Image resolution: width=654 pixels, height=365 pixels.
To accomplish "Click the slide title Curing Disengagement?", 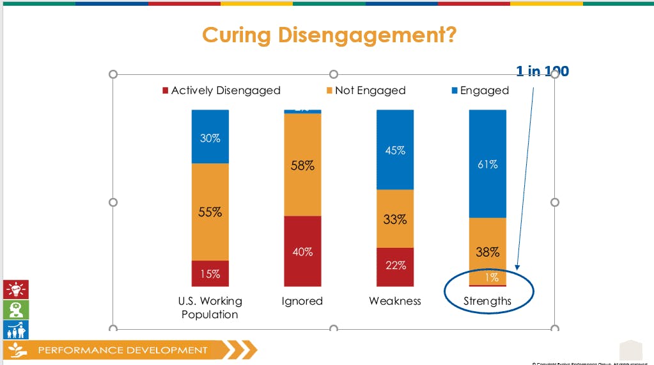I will (329, 35).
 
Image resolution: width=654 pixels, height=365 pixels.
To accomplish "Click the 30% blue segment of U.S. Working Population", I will (210, 136).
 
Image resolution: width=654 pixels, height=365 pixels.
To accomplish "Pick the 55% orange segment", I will (210, 212).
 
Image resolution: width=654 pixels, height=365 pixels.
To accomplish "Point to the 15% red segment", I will (210, 273).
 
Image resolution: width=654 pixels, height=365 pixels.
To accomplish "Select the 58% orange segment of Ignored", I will (302, 165).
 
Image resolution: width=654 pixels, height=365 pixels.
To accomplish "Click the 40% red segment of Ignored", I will (302, 251).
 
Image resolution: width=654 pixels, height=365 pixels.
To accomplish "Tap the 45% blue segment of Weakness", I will (395, 150).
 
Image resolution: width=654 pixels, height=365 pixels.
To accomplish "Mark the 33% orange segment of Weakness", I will (395, 219).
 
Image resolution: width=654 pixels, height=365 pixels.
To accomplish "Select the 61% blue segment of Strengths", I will (488, 164).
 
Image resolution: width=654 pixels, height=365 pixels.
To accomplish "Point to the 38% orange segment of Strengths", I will (488, 251).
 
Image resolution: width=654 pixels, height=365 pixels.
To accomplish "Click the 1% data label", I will (491, 278).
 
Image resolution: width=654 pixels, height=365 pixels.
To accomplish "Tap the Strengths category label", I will (488, 301).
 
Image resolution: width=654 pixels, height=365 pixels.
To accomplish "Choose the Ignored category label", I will (302, 301).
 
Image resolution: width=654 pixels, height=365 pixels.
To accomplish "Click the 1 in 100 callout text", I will (542, 71).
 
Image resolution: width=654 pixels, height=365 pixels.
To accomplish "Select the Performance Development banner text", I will (123, 350).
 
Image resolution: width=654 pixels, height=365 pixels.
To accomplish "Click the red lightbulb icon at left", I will (15, 289).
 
